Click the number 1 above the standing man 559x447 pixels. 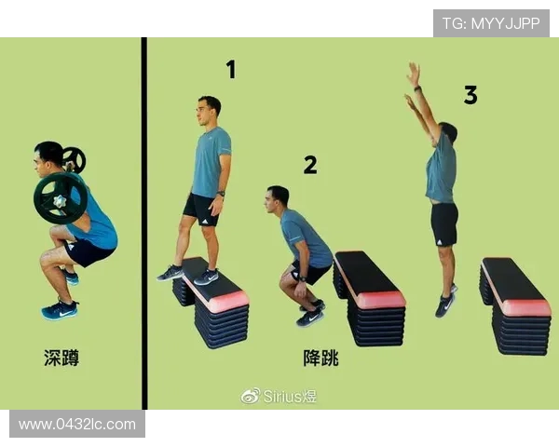click(x=230, y=69)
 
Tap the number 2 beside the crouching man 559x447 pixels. click(x=309, y=165)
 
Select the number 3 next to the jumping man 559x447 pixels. click(x=470, y=94)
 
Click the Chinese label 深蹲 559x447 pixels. click(x=61, y=358)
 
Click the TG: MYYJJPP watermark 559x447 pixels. click(x=491, y=23)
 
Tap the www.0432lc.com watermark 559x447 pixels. click(x=77, y=424)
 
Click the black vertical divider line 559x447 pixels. click(x=144, y=223)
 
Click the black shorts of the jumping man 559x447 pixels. click(x=444, y=223)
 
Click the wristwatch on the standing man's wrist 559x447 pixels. click(x=220, y=195)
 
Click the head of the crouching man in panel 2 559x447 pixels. click(x=278, y=198)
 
